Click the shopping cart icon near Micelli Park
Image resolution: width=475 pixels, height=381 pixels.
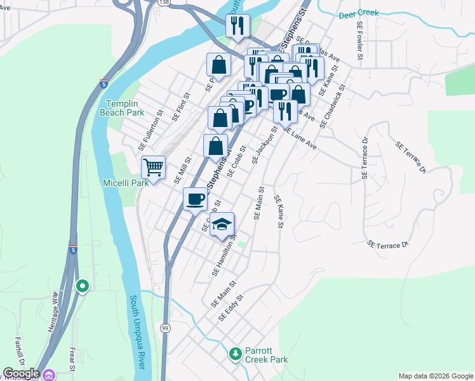pyautogui.click(x=153, y=168)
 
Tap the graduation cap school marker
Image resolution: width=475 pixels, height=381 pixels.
pyautogui.click(x=222, y=224)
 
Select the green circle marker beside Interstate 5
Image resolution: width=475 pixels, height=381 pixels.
pyautogui.click(x=82, y=286)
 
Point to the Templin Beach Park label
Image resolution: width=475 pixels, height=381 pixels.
pyautogui.click(x=126, y=108)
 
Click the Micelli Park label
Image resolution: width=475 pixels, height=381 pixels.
pyautogui.click(x=126, y=183)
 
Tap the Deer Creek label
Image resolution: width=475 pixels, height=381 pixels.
pyautogui.click(x=358, y=13)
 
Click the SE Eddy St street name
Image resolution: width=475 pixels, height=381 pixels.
pyautogui.click(x=231, y=307)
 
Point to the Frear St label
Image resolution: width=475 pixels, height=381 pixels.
pyautogui.click(x=72, y=359)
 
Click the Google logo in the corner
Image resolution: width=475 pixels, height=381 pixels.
pyautogui.click(x=21, y=373)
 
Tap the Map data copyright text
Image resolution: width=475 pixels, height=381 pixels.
pyautogui.click(x=435, y=376)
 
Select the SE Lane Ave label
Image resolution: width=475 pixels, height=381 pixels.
pyautogui.click(x=300, y=138)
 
